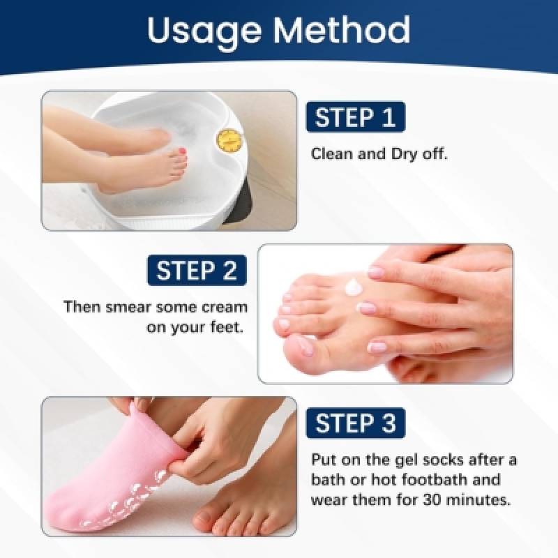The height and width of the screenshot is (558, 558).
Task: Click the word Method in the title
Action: click(342, 29)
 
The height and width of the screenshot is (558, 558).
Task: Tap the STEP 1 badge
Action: click(356, 116)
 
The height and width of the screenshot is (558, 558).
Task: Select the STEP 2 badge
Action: click(197, 270)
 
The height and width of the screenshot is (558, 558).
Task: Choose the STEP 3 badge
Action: click(356, 423)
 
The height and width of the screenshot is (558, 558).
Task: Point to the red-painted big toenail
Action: click(183, 152)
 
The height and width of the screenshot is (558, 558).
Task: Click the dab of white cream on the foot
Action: click(354, 287)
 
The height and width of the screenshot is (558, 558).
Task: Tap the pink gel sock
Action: click(117, 477)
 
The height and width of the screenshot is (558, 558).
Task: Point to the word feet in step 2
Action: click(226, 327)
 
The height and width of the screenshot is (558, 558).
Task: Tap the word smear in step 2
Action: click(127, 307)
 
